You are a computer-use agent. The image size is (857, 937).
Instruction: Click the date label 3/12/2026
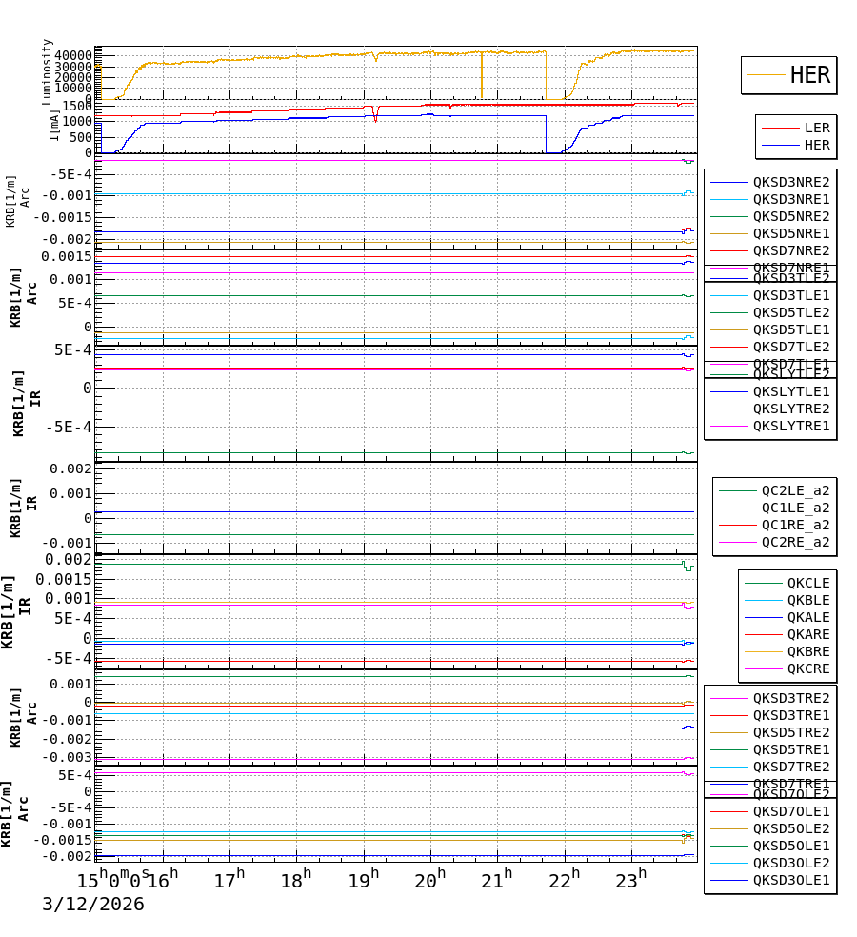(92, 905)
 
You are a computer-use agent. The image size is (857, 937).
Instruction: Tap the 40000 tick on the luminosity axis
(71, 55)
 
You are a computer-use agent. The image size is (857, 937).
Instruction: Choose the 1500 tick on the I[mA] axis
(77, 106)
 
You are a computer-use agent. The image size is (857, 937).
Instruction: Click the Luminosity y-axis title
(48, 71)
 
